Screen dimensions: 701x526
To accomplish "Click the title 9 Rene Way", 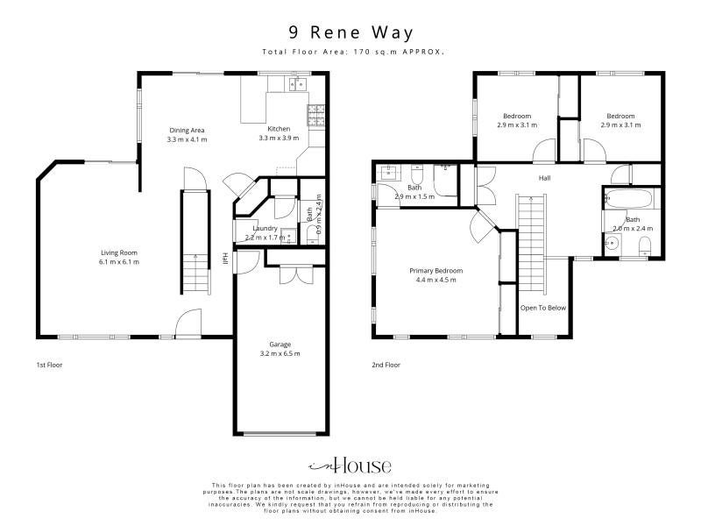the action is tap(351, 32).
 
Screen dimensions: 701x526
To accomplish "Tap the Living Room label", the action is tap(119, 252).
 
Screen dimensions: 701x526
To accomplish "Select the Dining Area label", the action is tap(187, 131).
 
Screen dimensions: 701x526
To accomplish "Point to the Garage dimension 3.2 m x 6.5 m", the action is tap(280, 353).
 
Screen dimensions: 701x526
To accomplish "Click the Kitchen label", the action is tap(279, 129).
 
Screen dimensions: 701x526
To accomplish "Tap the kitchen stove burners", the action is tap(315, 115).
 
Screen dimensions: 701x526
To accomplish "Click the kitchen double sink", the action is tap(297, 83).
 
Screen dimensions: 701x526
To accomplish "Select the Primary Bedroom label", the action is tap(435, 271).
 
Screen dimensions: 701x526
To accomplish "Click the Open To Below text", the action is tap(543, 308).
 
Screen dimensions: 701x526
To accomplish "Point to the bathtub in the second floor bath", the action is tap(628, 199).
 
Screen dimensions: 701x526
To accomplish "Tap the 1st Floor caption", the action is tap(49, 365).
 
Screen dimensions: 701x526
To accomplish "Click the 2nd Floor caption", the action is tap(386, 365).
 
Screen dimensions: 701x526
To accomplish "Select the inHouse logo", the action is tap(350, 466).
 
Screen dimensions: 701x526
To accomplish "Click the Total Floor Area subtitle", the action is tap(353, 52).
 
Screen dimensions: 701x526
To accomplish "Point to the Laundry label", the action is tap(266, 229).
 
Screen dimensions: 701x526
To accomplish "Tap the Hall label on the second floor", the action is tap(544, 178).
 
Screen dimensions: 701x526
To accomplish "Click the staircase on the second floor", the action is tap(531, 244).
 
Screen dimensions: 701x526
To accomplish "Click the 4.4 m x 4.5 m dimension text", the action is tap(435, 280).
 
